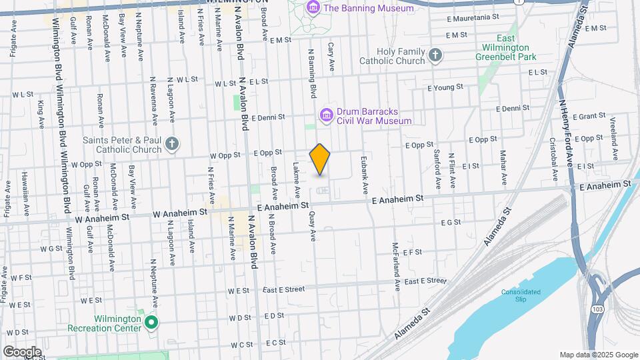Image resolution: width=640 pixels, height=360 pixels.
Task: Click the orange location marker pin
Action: point(320,159)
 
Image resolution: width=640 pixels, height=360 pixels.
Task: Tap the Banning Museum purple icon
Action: point(312,8)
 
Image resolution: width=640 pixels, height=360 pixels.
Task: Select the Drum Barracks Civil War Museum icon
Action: point(326,116)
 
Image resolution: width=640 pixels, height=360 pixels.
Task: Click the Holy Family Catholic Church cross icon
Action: point(435,55)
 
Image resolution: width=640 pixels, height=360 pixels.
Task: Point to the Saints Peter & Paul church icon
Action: point(172,144)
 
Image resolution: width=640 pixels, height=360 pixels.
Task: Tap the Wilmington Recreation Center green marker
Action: point(151,323)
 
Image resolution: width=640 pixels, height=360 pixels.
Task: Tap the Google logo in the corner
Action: point(22,351)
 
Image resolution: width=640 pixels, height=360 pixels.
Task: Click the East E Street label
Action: point(283,289)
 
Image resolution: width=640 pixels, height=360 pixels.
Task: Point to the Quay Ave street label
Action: point(312,226)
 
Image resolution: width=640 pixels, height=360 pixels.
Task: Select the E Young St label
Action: point(445,87)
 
